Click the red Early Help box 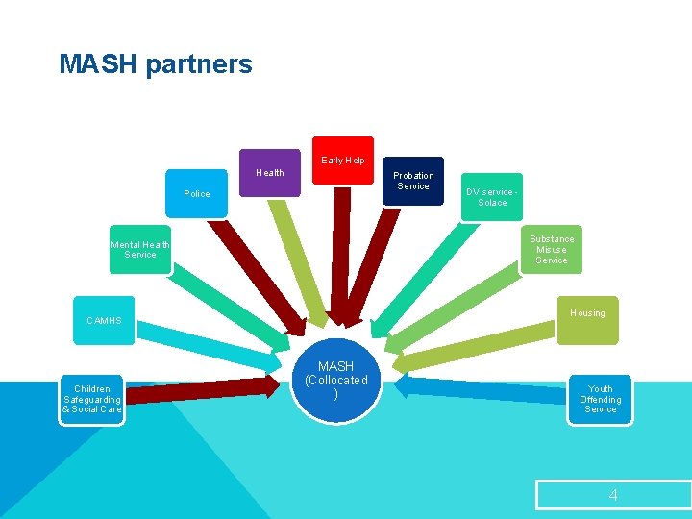tap(342, 161)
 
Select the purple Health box tap(270, 173)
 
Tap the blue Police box tap(197, 194)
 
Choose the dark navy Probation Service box tap(413, 181)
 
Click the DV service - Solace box tap(492, 197)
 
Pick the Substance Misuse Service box tap(552, 250)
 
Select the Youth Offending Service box tap(600, 399)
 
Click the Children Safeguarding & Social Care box tap(91, 399)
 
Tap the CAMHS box tap(105, 320)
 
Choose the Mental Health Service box tap(140, 250)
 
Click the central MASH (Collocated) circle tap(335, 381)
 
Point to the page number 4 tap(612, 495)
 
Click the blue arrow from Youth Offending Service tap(481, 387)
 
